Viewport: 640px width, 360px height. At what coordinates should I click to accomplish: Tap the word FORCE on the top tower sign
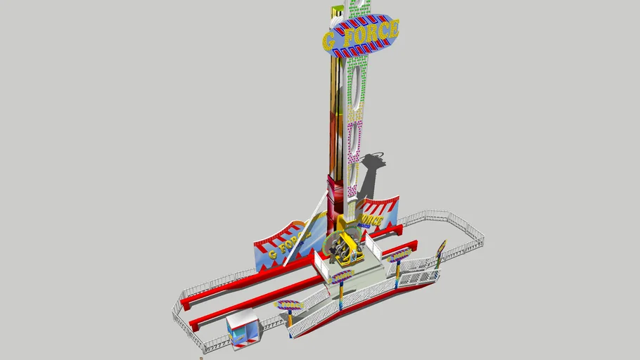click(x=370, y=32)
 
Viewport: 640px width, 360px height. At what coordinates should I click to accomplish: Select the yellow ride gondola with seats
click(x=344, y=250)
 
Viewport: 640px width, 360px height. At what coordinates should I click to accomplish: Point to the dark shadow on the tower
click(x=370, y=176)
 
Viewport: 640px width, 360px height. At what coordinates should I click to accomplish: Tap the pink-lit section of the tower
click(x=355, y=134)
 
